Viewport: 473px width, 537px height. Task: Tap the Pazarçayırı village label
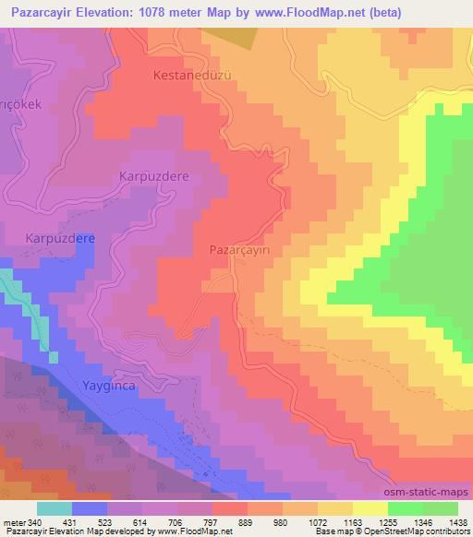click(x=246, y=250)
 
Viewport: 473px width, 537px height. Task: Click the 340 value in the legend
click(x=36, y=523)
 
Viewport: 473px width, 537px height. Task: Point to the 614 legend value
click(x=141, y=523)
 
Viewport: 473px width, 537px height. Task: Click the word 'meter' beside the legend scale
click(x=14, y=523)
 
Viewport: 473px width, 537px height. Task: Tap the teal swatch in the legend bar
click(x=54, y=508)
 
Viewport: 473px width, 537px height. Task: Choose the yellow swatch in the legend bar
click(x=370, y=508)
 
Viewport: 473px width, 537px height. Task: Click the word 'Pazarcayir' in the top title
click(x=40, y=14)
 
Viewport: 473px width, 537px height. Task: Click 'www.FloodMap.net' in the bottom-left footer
click(x=190, y=532)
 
